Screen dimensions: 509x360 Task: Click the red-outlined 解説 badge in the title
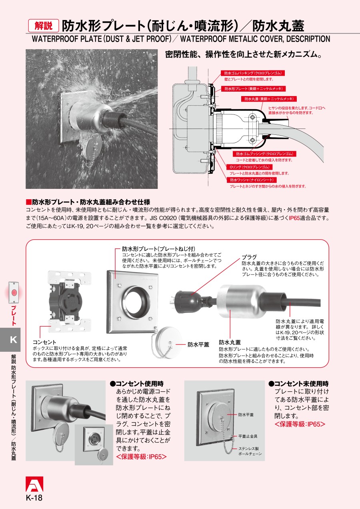click(43, 26)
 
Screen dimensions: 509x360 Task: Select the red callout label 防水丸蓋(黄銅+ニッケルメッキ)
click(270, 99)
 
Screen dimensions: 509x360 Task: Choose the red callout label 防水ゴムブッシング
click(264, 154)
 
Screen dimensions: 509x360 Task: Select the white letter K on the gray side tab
click(13, 340)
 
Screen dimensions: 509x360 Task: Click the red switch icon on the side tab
click(14, 293)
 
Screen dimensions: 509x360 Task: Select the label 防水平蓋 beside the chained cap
click(198, 344)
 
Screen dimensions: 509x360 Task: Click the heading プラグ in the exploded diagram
click(249, 257)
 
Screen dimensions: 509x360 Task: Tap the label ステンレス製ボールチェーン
click(250, 451)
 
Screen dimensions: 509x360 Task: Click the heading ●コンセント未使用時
click(298, 383)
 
